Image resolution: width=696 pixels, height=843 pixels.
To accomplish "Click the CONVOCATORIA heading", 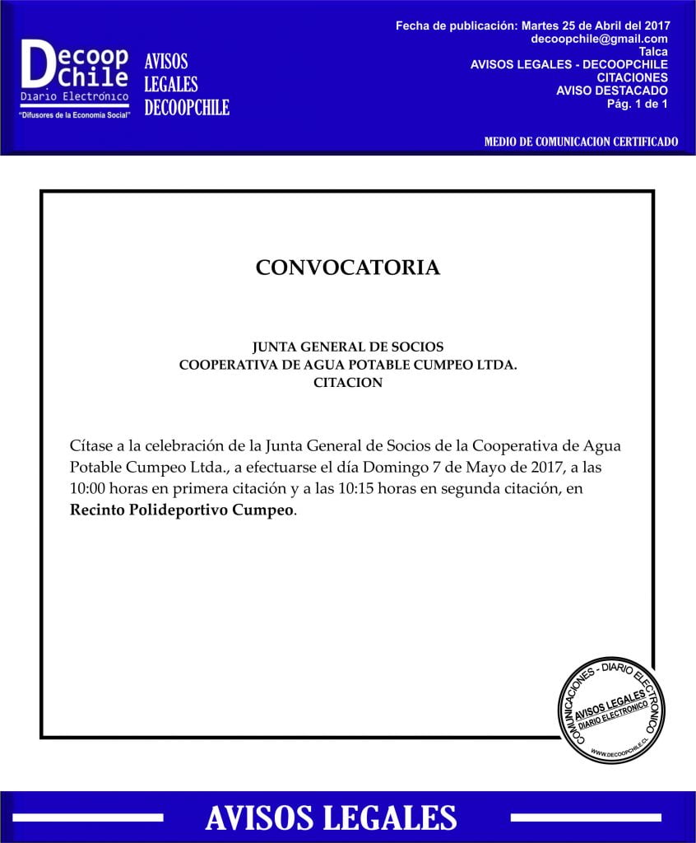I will pos(347,268).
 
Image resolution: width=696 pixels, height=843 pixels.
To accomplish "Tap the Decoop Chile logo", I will pos(74,74).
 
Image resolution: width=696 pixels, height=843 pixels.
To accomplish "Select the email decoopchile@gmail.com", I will pos(600,39).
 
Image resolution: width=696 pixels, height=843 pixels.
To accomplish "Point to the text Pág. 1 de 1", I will pos(637,103).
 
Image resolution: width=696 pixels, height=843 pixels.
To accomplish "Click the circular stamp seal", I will pos(611,710).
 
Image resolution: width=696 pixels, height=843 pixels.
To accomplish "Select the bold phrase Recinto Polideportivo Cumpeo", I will pos(181,510).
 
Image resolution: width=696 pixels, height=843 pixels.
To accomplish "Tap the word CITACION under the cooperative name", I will pos(348,382).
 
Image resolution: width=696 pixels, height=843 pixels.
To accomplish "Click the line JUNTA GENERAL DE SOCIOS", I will pos(348,347).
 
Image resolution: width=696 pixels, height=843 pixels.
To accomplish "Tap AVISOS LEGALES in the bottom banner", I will pos(331,817).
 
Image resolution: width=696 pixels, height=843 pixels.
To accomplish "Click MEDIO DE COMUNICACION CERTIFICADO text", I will pos(581,142).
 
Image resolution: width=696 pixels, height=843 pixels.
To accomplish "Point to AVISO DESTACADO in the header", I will pos(612,91).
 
